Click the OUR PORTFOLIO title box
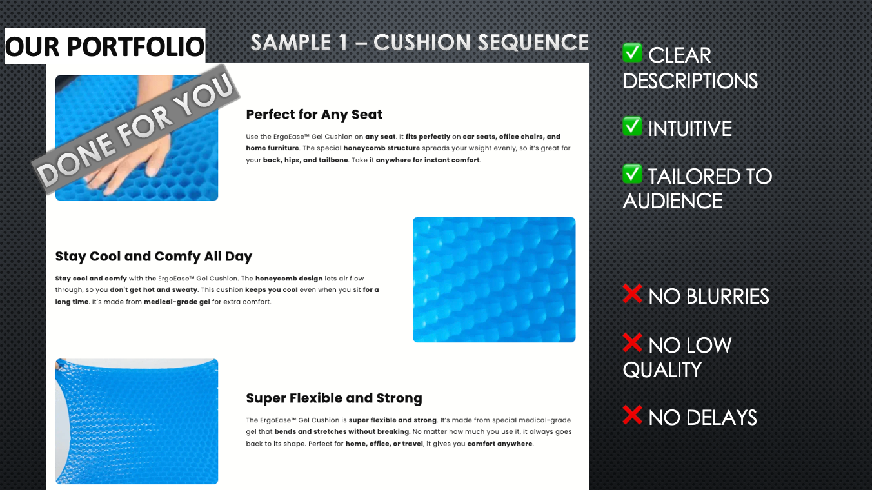[x=104, y=46]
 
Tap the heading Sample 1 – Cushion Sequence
[x=420, y=43]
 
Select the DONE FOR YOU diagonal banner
[x=135, y=129]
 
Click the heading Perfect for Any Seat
[x=314, y=114]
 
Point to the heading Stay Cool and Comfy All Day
[x=154, y=257]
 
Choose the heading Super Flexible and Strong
[x=334, y=398]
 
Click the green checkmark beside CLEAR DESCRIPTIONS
[x=632, y=52]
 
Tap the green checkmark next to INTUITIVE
[x=632, y=126]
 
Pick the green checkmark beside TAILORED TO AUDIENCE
[x=632, y=174]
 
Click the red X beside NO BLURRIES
[x=632, y=293]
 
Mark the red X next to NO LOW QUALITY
[x=632, y=342]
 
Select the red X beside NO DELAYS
[x=632, y=415]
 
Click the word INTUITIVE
[x=690, y=129]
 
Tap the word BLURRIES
[x=728, y=297]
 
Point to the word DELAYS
[x=721, y=418]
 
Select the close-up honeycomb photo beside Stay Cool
[x=494, y=279]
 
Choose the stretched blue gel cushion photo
[x=137, y=421]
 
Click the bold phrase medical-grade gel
[x=177, y=302]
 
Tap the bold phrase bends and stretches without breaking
[x=342, y=431]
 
